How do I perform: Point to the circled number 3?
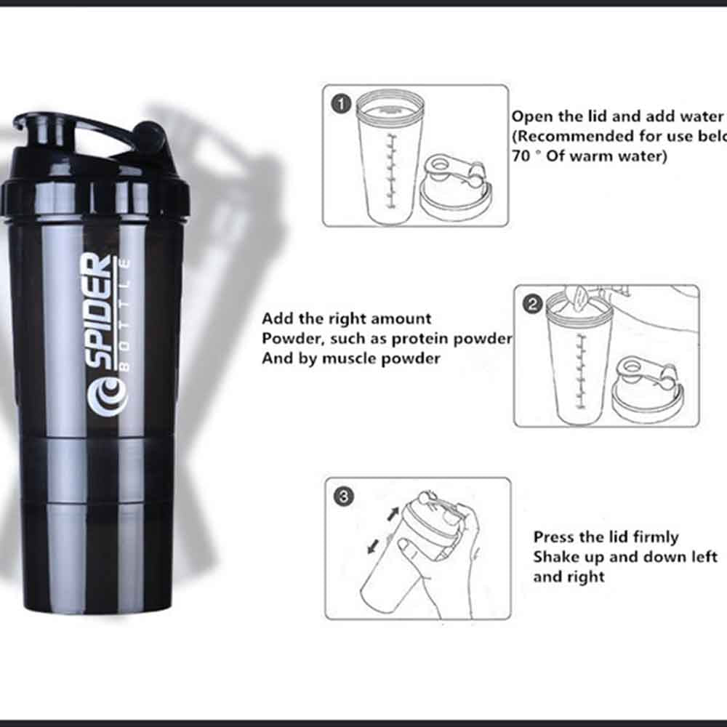pyautogui.click(x=343, y=497)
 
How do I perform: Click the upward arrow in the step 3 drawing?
pyautogui.click(x=393, y=513)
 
